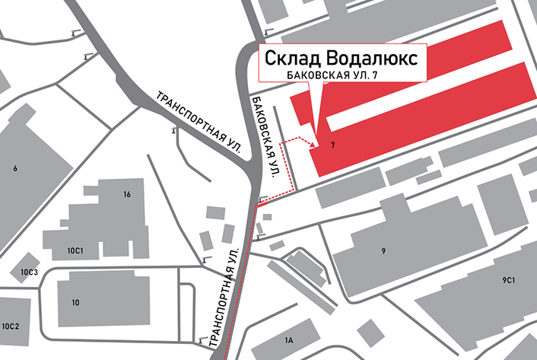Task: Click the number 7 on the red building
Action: [x=333, y=145]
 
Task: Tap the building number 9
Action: [x=383, y=250]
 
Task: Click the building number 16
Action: [x=127, y=195]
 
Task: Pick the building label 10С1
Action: [x=75, y=250]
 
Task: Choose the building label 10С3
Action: [x=29, y=272]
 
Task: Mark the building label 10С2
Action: [x=10, y=326]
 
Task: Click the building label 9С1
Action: [x=509, y=281]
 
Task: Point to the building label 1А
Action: [x=288, y=340]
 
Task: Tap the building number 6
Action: [x=14, y=168]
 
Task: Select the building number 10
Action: [x=75, y=303]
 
